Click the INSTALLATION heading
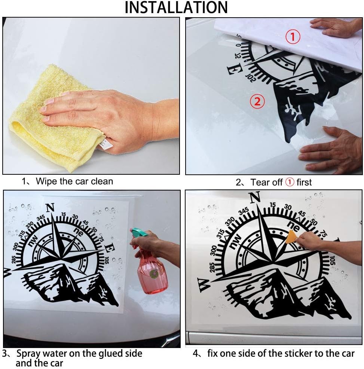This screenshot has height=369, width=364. coord(176,7)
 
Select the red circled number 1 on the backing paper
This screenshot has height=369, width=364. coord(293,37)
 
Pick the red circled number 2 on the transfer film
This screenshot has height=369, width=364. coord(257,101)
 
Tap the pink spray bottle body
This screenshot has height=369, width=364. coord(152,273)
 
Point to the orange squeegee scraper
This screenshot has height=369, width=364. coord(291,237)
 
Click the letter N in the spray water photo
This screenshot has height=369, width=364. coord(50,208)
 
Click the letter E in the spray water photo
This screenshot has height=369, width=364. coord(109,248)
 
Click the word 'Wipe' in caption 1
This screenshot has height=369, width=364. coord(46,181)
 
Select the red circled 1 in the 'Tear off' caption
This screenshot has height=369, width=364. coord(290,182)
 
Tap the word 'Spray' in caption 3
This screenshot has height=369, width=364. coord(28,354)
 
